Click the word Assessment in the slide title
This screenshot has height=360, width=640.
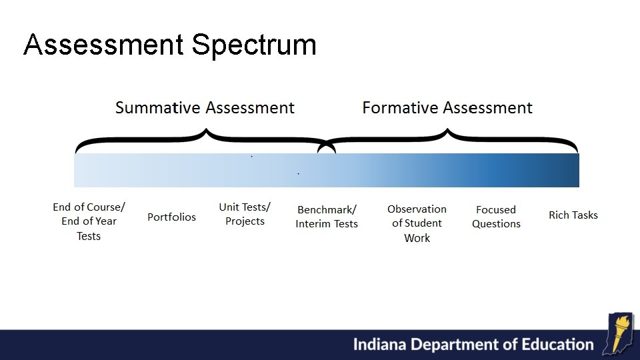(x=103, y=45)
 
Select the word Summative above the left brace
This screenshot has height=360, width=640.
(x=158, y=107)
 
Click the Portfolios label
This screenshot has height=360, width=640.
(x=172, y=217)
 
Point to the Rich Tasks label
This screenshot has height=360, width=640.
(x=573, y=215)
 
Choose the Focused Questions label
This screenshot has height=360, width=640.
(x=496, y=217)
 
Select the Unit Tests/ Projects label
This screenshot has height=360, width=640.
(x=245, y=214)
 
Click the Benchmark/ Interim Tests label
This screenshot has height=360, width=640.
(x=327, y=217)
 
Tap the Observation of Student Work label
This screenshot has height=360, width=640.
(x=417, y=223)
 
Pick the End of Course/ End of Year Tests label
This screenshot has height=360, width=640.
(x=89, y=221)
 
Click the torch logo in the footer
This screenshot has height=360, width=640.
(x=619, y=333)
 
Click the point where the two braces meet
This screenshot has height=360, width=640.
(x=327, y=148)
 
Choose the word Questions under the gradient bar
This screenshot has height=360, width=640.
(x=496, y=224)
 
